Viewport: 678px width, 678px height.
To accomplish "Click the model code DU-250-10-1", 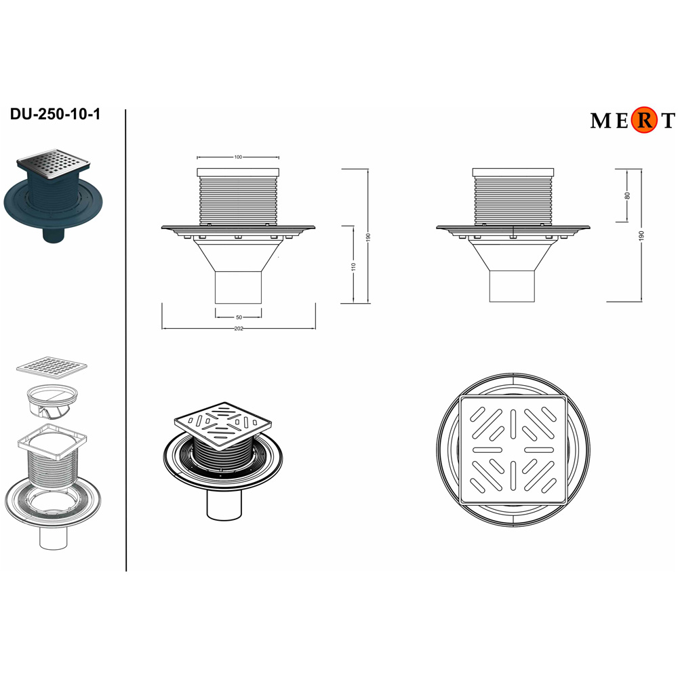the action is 55,114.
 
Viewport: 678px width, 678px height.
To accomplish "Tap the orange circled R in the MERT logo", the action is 644,121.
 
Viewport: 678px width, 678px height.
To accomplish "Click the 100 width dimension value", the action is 238,157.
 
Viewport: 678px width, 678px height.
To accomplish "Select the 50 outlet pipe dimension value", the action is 239,317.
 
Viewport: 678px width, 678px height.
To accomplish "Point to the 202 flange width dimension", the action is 239,329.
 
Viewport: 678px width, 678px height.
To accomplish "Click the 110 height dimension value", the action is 354,267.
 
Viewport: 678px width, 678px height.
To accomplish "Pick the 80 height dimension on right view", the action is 627,195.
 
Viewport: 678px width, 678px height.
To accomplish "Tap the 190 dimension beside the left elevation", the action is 368,237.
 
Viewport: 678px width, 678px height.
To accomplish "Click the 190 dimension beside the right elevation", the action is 641,236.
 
